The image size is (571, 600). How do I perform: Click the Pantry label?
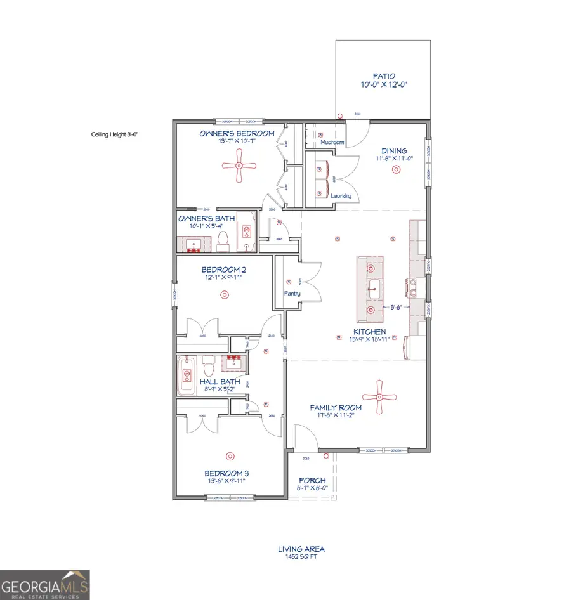click(x=292, y=294)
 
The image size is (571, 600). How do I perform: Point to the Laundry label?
click(x=341, y=196)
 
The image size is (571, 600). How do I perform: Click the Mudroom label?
click(x=332, y=142)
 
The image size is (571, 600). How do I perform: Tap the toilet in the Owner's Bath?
click(x=223, y=240)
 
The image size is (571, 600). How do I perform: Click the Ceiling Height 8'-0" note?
click(x=115, y=134)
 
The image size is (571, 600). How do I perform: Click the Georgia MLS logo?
click(x=44, y=584)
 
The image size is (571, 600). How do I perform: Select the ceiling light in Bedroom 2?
click(x=223, y=294)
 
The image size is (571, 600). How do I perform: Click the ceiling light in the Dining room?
click(x=397, y=169)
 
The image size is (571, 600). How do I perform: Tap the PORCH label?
click(x=313, y=481)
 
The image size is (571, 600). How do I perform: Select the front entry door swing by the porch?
click(x=302, y=438)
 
